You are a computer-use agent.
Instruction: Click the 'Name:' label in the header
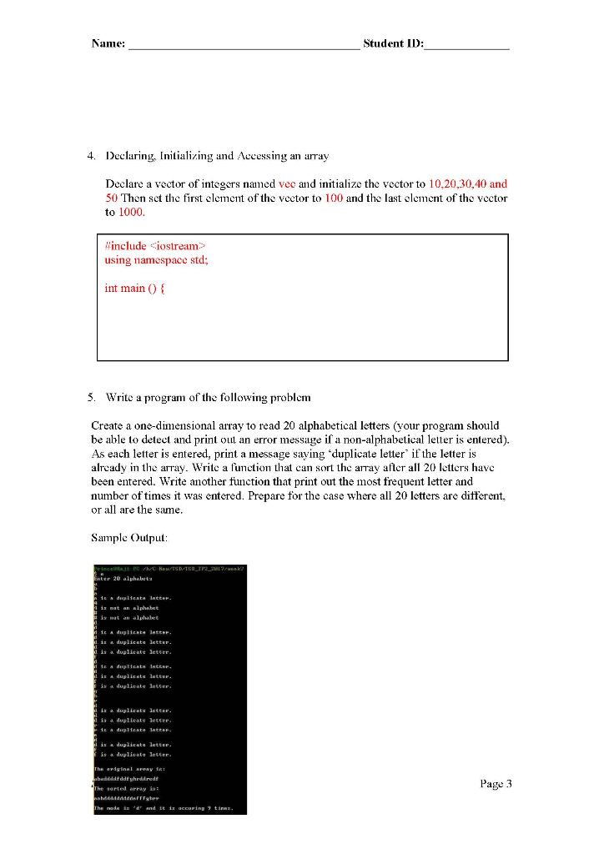coord(108,43)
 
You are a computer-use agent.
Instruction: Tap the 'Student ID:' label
coord(393,43)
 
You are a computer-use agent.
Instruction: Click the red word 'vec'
coord(287,183)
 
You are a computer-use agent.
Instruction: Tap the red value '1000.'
coord(132,213)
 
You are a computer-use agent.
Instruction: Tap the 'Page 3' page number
coord(495,783)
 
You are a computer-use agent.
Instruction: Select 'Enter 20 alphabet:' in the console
coord(128,578)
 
